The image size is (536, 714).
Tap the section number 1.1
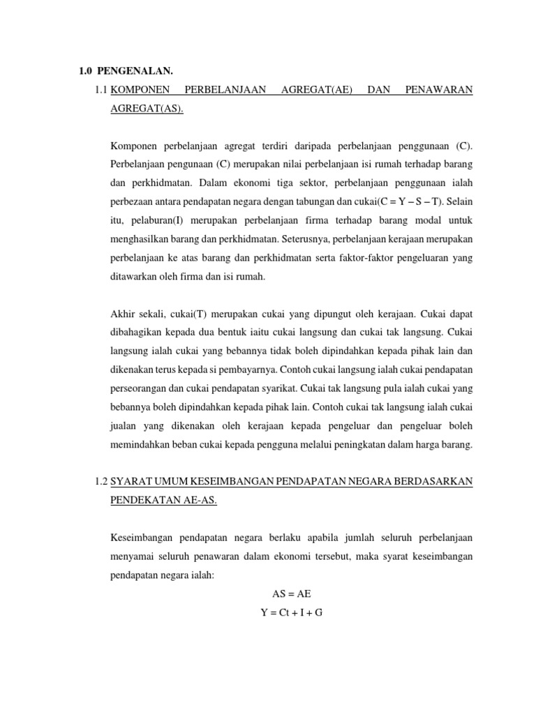[100, 90]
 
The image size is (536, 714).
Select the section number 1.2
[100, 480]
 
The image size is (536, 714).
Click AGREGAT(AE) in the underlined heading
[313, 90]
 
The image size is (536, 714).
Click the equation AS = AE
[291, 593]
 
